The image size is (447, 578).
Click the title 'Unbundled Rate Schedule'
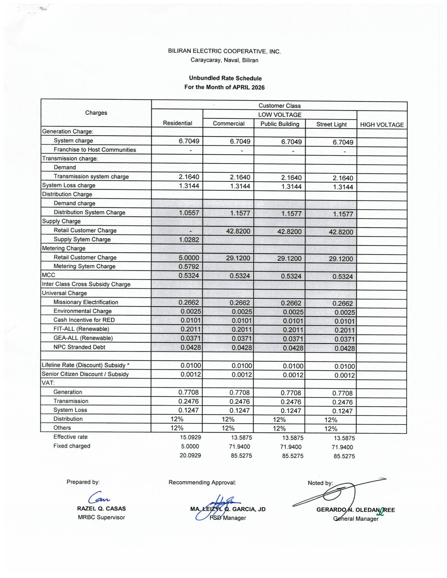pyautogui.click(x=225, y=78)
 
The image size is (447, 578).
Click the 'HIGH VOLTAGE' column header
pyautogui.click(x=382, y=125)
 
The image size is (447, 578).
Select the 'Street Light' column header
pyautogui.click(x=331, y=124)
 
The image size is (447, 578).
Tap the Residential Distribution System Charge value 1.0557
pyautogui.click(x=189, y=212)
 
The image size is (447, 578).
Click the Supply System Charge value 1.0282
pyautogui.click(x=189, y=240)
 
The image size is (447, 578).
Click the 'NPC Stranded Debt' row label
pyautogui.click(x=79, y=347)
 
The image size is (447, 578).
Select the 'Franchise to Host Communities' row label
pyautogui.click(x=95, y=149)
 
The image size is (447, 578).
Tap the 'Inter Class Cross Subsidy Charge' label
pyautogui.click(x=86, y=284)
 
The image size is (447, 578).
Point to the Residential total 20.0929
pyautogui.click(x=190, y=455)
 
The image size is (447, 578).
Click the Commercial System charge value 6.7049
pyautogui.click(x=240, y=141)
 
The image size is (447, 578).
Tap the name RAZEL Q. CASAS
pyautogui.click(x=101, y=508)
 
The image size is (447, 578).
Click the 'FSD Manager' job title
pyautogui.click(x=228, y=518)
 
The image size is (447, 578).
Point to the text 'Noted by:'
pyautogui.click(x=320, y=483)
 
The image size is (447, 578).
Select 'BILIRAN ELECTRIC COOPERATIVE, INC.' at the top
pyautogui.click(x=224, y=51)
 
